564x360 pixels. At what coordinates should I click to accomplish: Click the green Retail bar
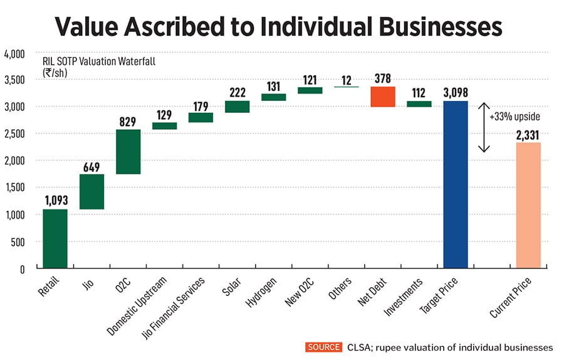(x=55, y=238)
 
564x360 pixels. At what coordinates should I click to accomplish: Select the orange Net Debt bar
(x=383, y=97)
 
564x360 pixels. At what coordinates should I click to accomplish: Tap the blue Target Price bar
(x=456, y=184)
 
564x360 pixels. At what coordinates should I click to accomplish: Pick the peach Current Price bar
(x=528, y=205)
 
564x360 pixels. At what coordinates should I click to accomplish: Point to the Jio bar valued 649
(x=91, y=191)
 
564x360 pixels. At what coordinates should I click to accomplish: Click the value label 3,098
(x=456, y=92)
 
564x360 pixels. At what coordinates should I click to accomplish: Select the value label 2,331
(x=528, y=134)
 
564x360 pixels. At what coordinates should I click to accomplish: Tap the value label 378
(x=383, y=78)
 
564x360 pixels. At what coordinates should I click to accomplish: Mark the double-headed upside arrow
(x=484, y=127)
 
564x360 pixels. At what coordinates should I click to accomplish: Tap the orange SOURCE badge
(x=323, y=347)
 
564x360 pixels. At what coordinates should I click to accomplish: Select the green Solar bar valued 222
(x=238, y=107)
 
